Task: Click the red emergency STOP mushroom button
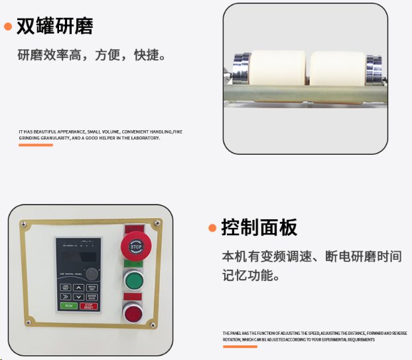pos(136,247)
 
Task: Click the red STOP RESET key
pos(89,306)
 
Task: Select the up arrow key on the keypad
pos(79,288)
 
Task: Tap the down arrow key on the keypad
pos(79,296)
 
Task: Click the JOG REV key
pos(66,288)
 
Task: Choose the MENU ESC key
pos(92,288)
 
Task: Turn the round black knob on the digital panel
pos(92,273)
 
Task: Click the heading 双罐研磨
pos(54,27)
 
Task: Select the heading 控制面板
pos(259,228)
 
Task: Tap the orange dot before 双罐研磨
pos(8,27)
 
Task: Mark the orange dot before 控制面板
pos(212,228)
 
